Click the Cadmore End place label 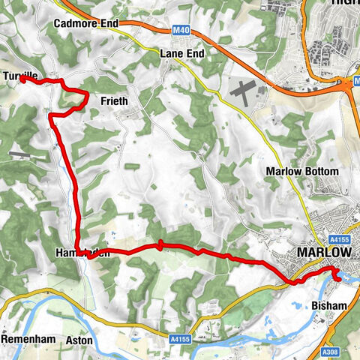point(86,23)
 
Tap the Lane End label point(182,54)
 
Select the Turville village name point(19,76)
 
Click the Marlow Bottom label point(302,172)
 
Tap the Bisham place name point(328,305)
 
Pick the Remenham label point(28,339)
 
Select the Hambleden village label point(82,253)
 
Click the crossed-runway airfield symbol point(243,91)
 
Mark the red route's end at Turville point(22,79)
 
